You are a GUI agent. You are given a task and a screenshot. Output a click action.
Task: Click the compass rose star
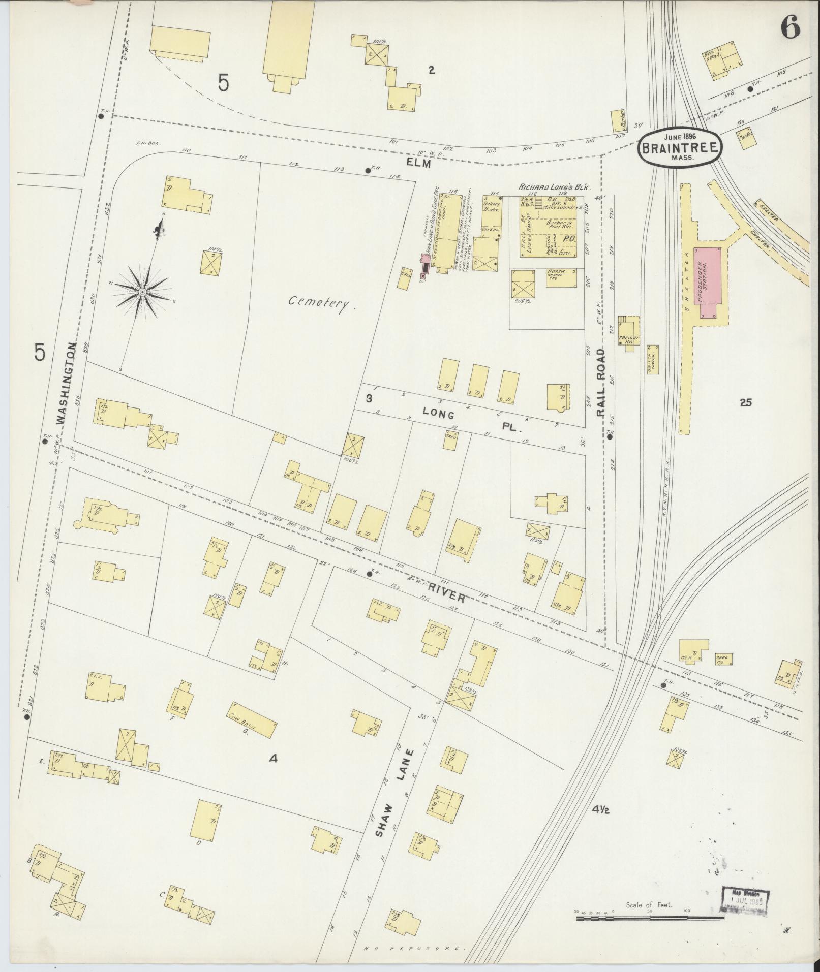point(142,292)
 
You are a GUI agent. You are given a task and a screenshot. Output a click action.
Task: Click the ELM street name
point(418,164)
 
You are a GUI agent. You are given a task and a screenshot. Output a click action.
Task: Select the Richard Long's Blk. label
point(553,187)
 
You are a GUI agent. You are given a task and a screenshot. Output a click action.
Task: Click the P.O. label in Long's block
point(569,237)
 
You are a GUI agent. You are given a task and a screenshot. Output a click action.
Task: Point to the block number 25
point(746,403)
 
